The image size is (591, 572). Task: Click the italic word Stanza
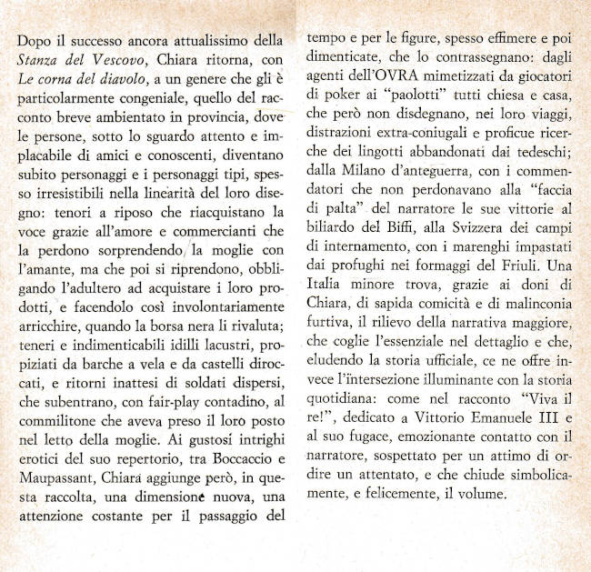(40, 61)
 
